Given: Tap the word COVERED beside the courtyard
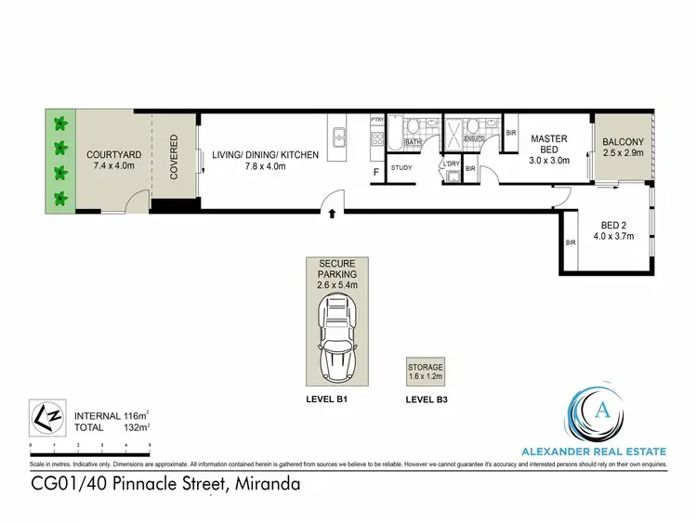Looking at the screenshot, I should [174, 158].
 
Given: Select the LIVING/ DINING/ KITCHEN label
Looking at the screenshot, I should [265, 154].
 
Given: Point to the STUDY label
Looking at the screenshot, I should [401, 168].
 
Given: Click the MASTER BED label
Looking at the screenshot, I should [548, 144].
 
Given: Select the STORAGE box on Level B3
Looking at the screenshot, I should [426, 372].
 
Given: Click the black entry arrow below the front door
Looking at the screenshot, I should [332, 216].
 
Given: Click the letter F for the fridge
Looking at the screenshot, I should [375, 173].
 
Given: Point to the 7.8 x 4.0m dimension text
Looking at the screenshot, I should [265, 167].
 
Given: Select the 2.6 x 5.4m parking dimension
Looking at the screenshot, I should [336, 286].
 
